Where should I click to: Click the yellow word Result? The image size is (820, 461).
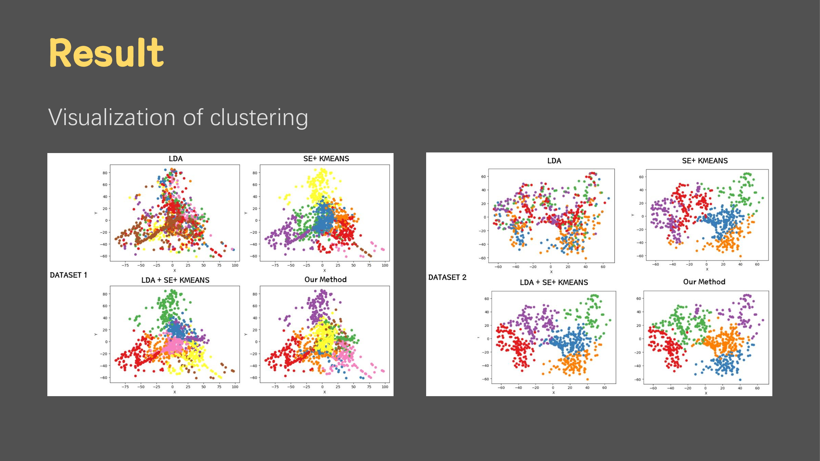point(107,52)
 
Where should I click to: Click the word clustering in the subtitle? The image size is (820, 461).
point(259,118)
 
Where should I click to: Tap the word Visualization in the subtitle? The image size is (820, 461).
point(112,117)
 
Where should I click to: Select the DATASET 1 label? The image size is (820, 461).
point(69,275)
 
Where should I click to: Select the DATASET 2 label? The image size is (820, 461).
point(447,278)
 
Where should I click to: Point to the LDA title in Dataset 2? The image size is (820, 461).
point(554,161)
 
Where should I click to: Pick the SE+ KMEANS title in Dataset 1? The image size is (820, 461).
point(326,159)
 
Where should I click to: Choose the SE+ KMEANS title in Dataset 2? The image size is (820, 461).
point(705,161)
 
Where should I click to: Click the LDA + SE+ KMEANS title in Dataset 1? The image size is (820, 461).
point(175,280)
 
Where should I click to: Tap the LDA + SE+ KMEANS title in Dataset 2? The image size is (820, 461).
point(554,282)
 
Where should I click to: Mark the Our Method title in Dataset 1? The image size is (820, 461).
point(325,280)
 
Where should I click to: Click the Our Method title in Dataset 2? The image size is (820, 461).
point(704,282)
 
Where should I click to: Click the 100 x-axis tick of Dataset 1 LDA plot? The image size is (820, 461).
point(235,265)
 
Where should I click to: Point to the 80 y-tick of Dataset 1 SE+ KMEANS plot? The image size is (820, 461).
point(255,173)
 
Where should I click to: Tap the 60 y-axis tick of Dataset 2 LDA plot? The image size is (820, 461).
point(483,177)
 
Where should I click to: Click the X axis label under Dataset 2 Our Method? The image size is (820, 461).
point(706,393)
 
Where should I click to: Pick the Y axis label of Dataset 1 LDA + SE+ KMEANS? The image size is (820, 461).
point(96,334)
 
